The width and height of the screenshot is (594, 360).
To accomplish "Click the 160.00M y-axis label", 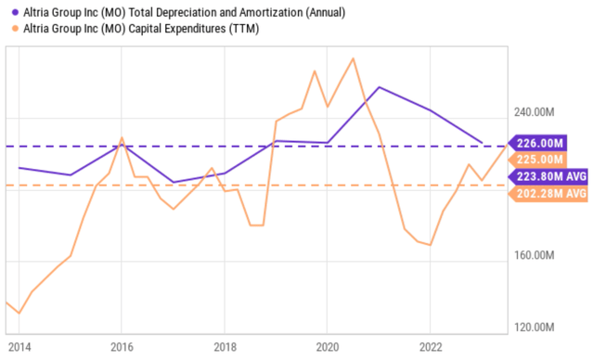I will coord(538,256).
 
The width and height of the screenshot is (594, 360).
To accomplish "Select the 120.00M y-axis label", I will coord(538,328).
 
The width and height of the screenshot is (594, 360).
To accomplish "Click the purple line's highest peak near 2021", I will coord(379,87).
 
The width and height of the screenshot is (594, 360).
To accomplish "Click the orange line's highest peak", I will coord(353,58).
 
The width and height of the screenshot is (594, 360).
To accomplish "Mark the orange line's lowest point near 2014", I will coord(19,314).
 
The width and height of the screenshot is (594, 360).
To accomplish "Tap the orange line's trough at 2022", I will coord(430,245).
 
